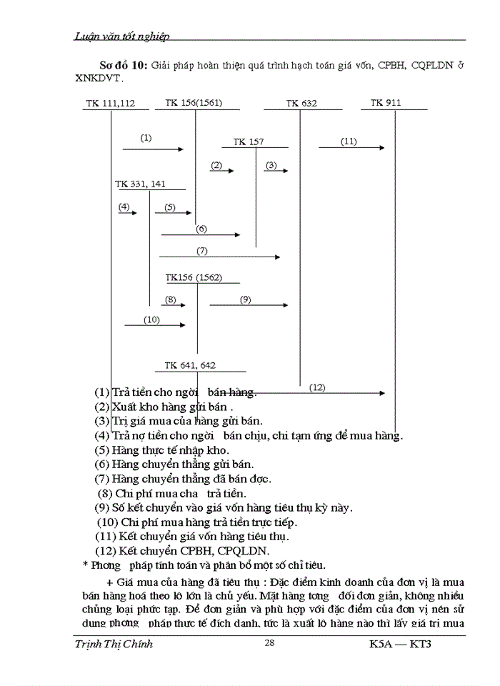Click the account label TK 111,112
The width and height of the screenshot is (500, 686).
[111, 104]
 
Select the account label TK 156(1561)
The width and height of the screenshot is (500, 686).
[194, 103]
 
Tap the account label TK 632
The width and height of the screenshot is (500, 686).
[301, 104]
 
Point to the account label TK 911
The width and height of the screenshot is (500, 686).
[386, 103]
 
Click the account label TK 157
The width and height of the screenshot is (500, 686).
[248, 142]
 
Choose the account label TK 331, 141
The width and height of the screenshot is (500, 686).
[140, 184]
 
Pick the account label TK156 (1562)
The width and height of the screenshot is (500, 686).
[194, 277]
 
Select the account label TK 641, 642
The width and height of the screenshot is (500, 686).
[190, 366]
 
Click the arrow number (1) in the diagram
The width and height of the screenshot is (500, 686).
[146, 138]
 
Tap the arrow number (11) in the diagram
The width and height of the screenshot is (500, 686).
[349, 141]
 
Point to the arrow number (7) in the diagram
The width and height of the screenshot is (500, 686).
[202, 251]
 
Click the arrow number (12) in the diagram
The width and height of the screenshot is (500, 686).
[317, 387]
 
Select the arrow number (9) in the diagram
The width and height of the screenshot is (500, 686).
[245, 300]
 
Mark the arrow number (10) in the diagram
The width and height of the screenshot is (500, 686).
[151, 319]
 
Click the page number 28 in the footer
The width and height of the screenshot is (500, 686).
[269, 643]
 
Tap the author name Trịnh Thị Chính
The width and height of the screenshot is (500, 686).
[114, 644]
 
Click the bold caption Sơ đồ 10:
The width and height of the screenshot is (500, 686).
[123, 65]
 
